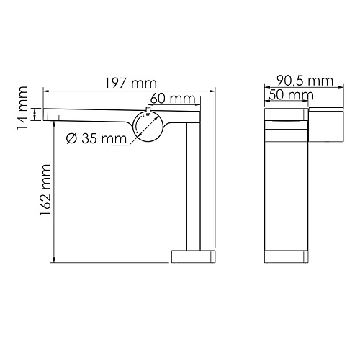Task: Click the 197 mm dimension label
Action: (x=131, y=84)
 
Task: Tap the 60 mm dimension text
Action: (x=173, y=99)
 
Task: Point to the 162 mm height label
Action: (x=45, y=189)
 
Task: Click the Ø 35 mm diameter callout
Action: (x=96, y=138)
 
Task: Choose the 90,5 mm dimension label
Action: (x=305, y=81)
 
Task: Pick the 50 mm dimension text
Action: (x=291, y=95)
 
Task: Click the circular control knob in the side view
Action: (x=148, y=126)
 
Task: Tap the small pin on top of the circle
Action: (x=148, y=109)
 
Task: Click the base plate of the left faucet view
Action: (x=194, y=256)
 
